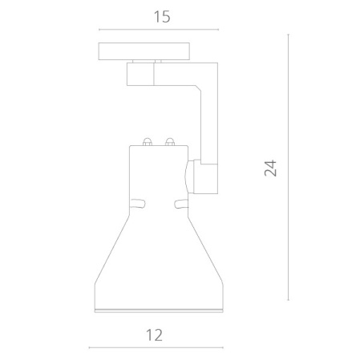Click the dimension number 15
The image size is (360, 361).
point(162,17)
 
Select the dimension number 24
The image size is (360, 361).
point(270,168)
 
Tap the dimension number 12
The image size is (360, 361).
point(154,335)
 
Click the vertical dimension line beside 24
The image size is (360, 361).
point(288,168)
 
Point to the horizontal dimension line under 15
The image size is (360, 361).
point(159,30)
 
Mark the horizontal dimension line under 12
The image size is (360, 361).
point(156,347)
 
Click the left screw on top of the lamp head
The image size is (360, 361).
point(148,142)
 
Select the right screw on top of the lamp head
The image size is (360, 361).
point(170,142)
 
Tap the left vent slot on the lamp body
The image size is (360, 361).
point(138,203)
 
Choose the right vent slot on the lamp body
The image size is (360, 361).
point(181,204)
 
